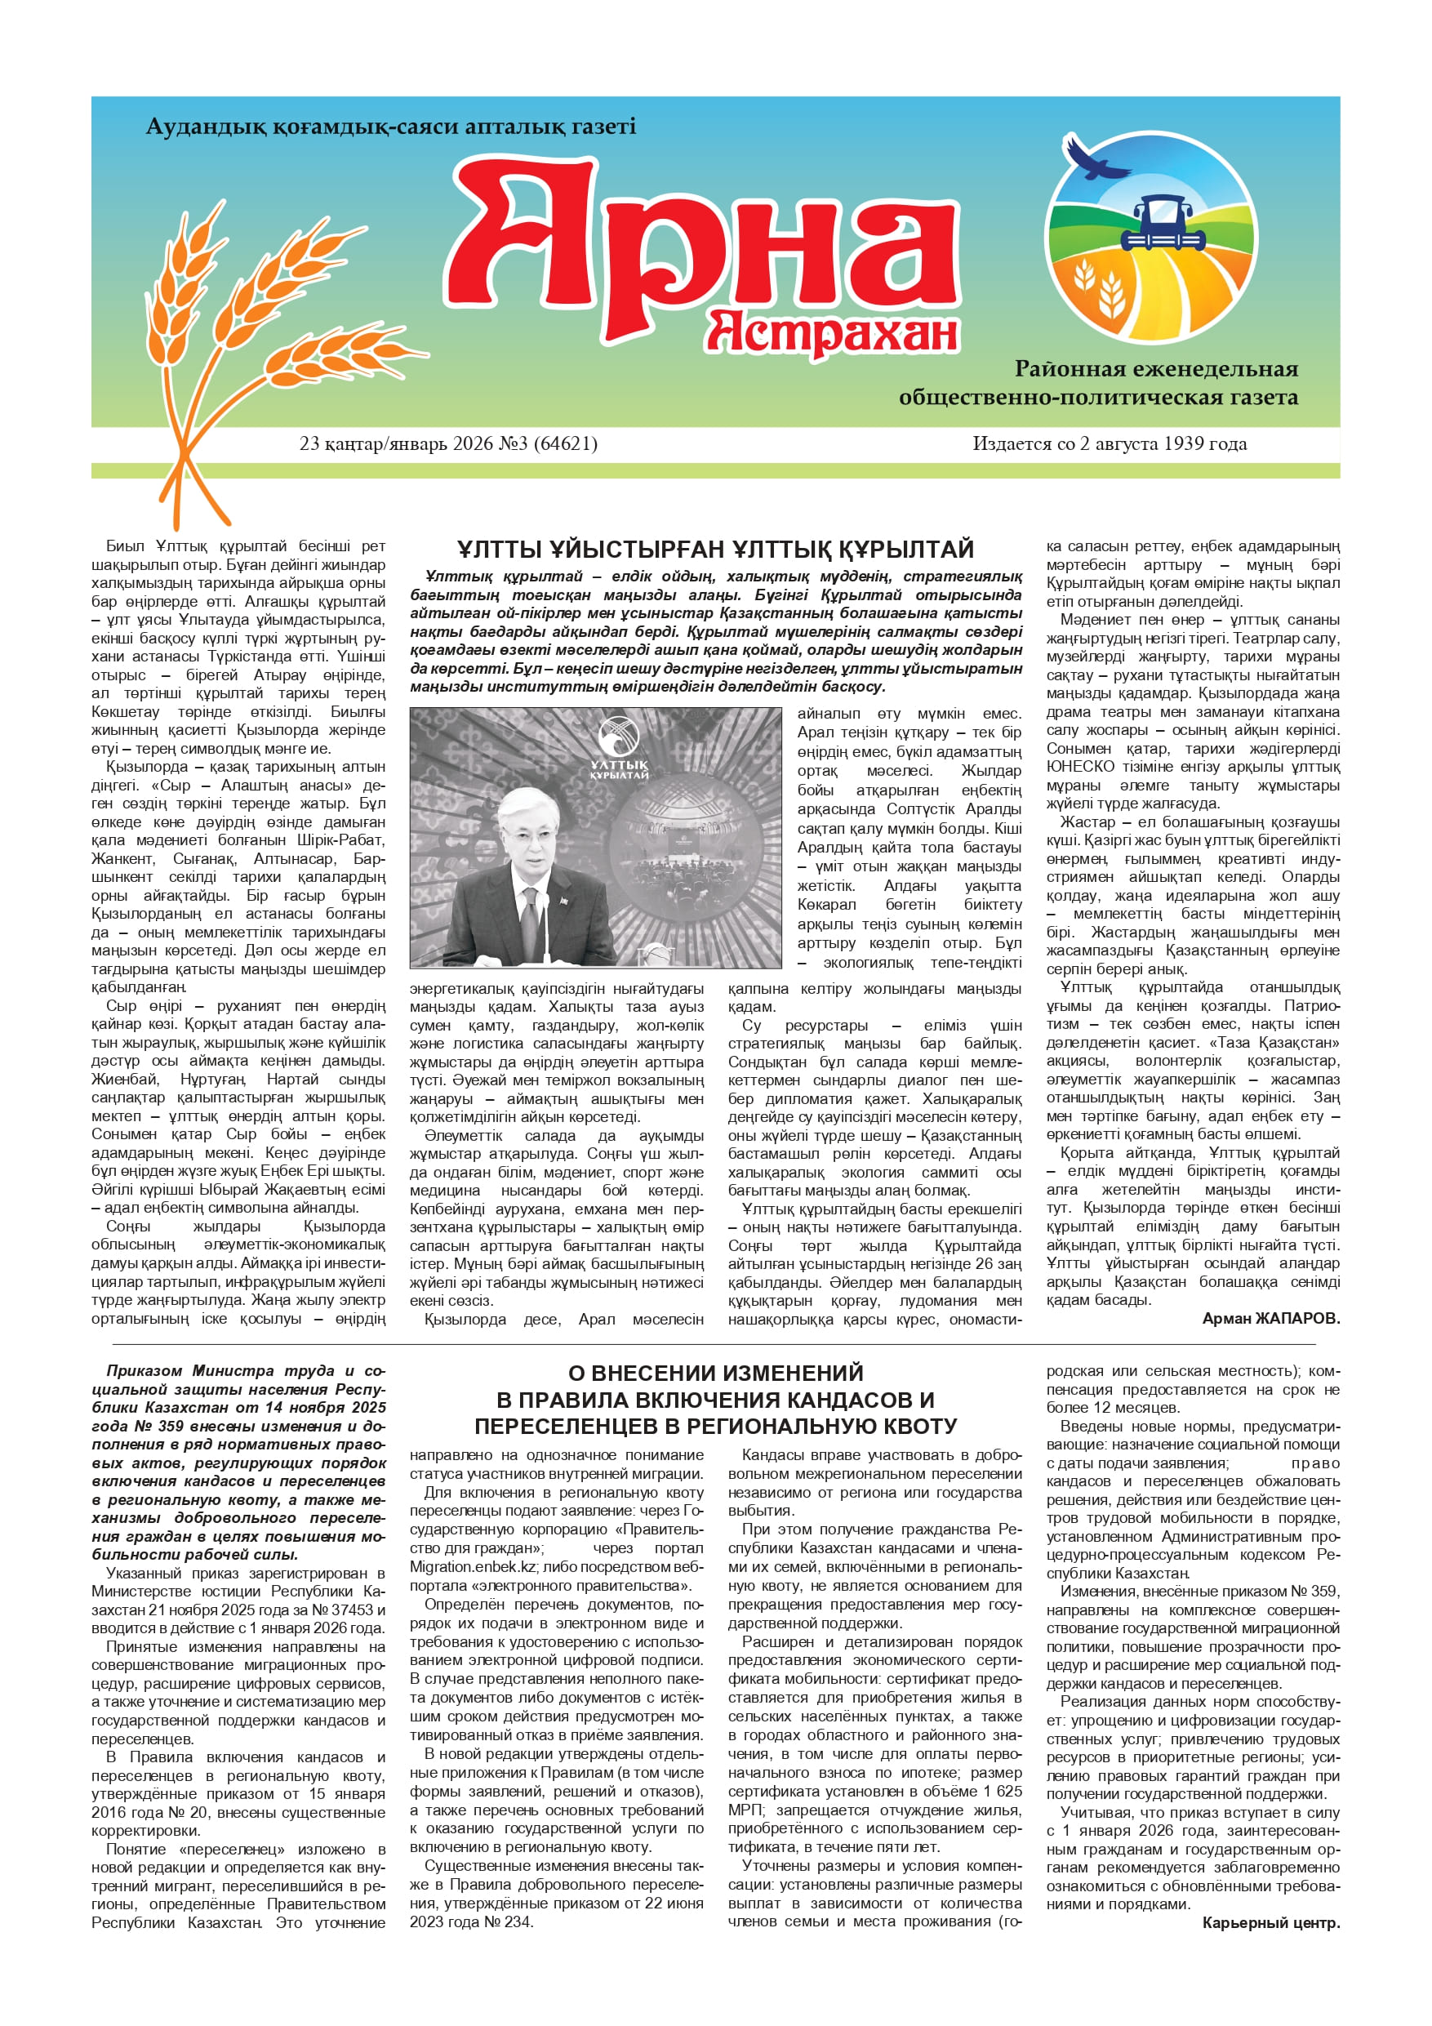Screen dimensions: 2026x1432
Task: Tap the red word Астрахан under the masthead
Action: (832, 332)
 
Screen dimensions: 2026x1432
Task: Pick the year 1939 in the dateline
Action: (1185, 444)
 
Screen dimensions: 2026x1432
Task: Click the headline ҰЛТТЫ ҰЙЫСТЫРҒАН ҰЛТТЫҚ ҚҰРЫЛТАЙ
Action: (714, 550)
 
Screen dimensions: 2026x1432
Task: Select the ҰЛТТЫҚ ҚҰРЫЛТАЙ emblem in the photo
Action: (620, 750)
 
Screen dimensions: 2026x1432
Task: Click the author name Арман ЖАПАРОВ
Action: (1270, 1318)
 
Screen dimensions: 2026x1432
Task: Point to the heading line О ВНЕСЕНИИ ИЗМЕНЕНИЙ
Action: (715, 1373)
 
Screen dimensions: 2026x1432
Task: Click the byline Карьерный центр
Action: (1270, 1923)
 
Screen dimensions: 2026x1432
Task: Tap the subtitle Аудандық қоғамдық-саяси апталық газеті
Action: (390, 127)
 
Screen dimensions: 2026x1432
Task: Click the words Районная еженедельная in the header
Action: (1156, 369)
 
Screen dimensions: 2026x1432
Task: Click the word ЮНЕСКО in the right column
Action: (1076, 766)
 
